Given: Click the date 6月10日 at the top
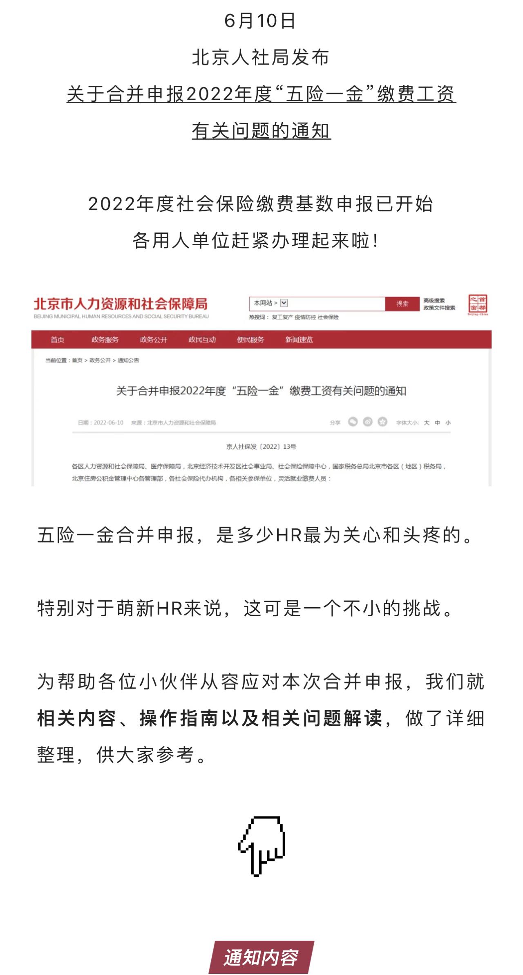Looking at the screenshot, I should pos(260,21).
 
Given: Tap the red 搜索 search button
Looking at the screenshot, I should pos(402,304).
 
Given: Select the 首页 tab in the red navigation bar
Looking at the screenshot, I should pos(57,340).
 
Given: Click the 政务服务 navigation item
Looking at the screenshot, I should pos(105,340).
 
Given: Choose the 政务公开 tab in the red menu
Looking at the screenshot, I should pos(154,340).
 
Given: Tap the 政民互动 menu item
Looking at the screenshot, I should pos(202,340).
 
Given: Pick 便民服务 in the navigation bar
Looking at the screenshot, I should pos(250,340).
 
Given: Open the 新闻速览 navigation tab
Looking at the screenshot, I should pos(299,340).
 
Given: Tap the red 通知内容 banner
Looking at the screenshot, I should pos(261,957).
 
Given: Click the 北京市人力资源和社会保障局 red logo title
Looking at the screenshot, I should pos(121,304).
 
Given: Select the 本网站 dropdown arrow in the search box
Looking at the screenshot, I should pos(284,303).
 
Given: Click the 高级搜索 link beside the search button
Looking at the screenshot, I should pos(434,300).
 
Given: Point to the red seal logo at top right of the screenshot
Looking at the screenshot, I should pos(478,304).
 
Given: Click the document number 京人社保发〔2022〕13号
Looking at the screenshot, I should pos(261,447).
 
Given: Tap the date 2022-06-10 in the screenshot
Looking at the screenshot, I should pos(108,423).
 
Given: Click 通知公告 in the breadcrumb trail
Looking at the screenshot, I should pos(128,360).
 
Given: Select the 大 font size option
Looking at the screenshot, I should pos(427,423).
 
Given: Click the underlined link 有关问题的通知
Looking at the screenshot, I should pos(261,131).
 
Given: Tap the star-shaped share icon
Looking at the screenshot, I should pos(382,422).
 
